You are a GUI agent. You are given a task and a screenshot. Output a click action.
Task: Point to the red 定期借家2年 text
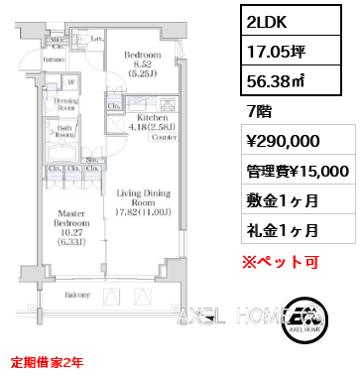(x=51, y=361)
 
